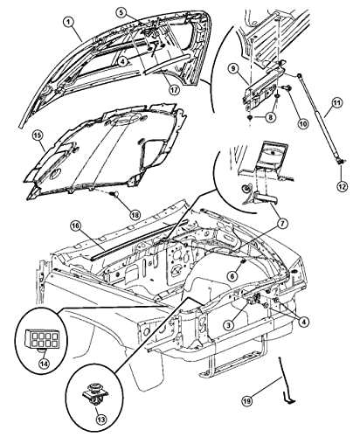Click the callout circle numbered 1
pos(69,23)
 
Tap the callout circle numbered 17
pos(174,89)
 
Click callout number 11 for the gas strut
pos(336,103)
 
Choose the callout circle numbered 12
pos(342,186)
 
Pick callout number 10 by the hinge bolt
pos(303,123)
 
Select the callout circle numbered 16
pos(76,226)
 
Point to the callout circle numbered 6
pos(232,275)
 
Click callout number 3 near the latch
pos(229,324)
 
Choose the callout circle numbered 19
pos(247,401)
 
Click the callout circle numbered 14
pos(45,364)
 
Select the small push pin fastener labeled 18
pos(114,193)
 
